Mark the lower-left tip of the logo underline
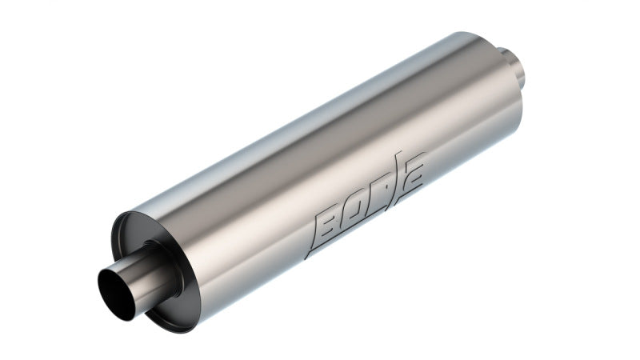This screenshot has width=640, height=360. [x=306, y=257]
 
